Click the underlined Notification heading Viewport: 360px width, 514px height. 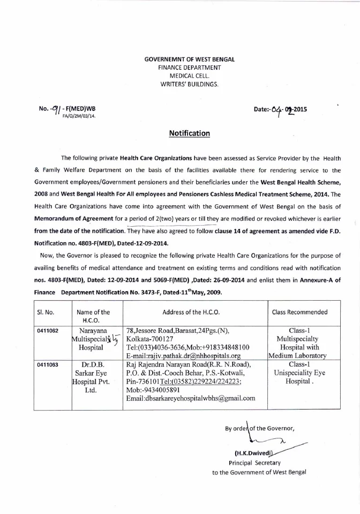pos(190,133)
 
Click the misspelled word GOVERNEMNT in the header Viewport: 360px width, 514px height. pos(167,58)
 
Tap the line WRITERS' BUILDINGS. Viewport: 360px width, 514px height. pos(190,85)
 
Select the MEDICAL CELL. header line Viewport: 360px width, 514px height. pos(190,76)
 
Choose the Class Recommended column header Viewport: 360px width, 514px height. pos(300,312)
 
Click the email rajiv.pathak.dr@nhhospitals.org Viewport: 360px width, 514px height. pos(183,355)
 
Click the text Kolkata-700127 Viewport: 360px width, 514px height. pos(149,339)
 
